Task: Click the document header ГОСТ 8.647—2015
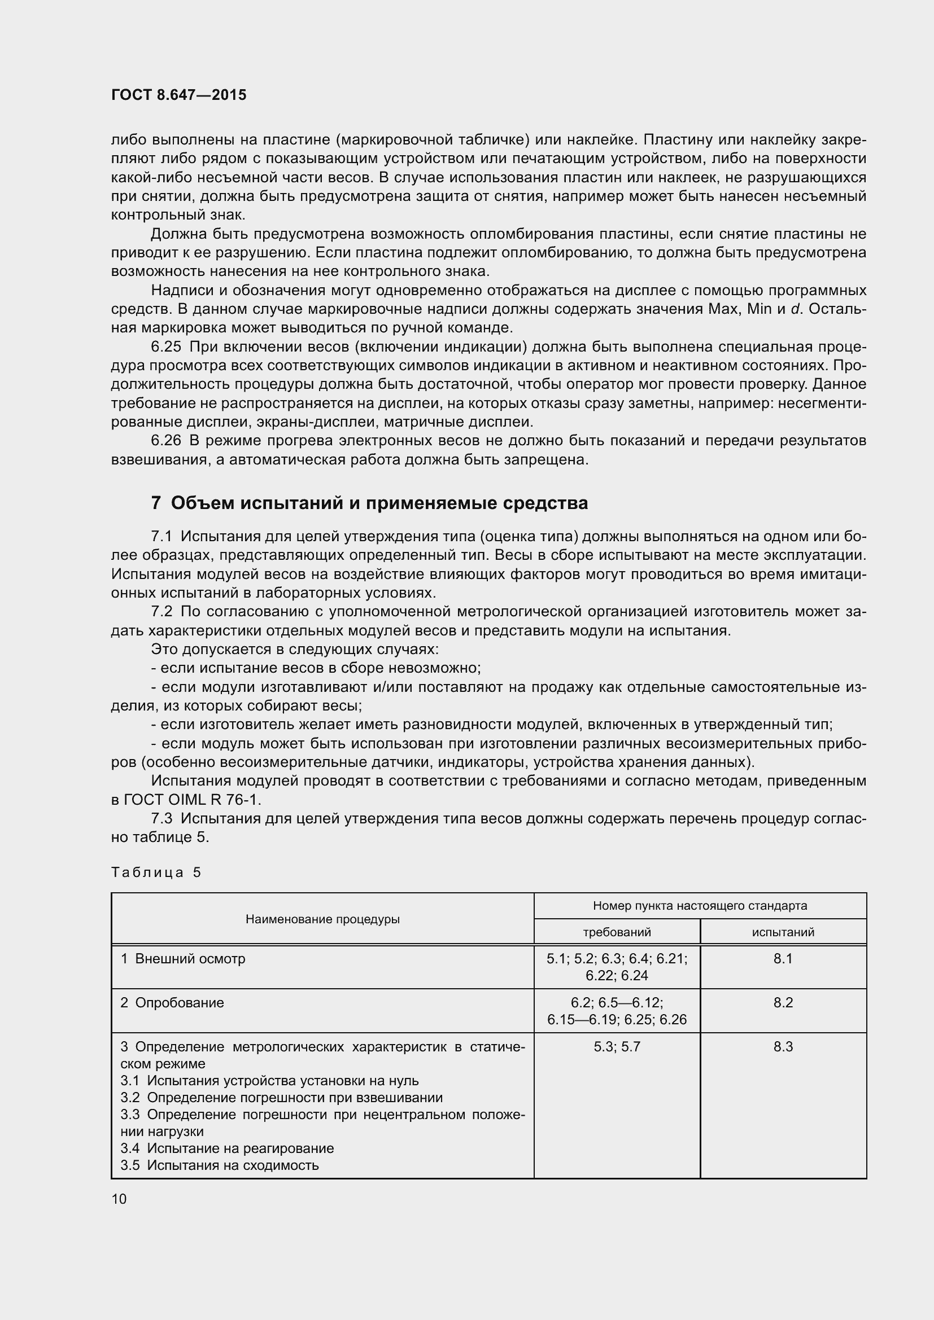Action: (x=178, y=95)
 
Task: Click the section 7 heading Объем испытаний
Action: (x=369, y=503)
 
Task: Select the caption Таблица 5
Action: (x=156, y=872)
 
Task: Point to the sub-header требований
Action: (x=617, y=932)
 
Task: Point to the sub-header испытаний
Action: (x=783, y=932)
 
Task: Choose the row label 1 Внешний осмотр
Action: (x=183, y=958)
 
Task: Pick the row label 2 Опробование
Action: (x=172, y=1003)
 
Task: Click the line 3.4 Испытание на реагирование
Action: (x=227, y=1148)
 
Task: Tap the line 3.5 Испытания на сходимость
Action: (x=219, y=1165)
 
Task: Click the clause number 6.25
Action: (x=165, y=347)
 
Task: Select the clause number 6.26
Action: (x=165, y=440)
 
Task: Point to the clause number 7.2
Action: (x=161, y=612)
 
